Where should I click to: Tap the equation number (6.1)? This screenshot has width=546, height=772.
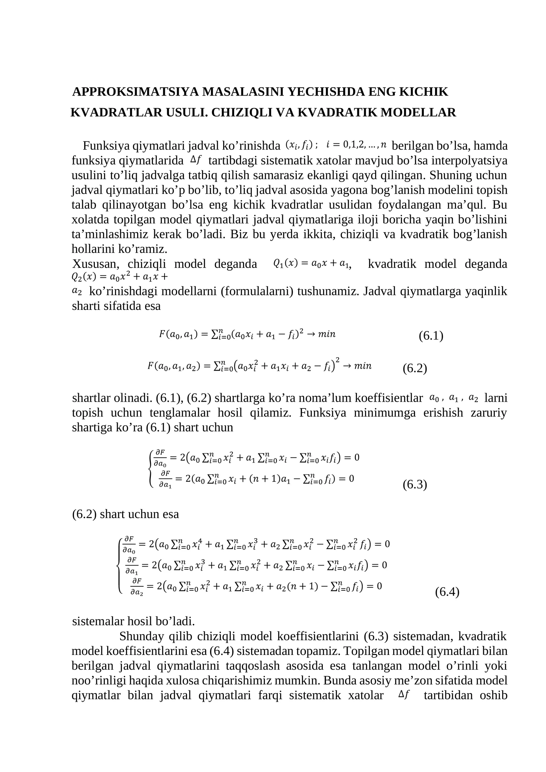tap(431, 336)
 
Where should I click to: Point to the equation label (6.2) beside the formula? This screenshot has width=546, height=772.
tap(415, 368)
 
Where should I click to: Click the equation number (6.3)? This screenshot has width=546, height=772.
tap(415, 484)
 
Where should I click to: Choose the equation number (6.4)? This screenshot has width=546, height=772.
tap(447, 591)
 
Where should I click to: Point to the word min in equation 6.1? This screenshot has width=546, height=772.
tap(327, 334)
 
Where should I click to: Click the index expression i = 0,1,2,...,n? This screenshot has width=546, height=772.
tap(356, 145)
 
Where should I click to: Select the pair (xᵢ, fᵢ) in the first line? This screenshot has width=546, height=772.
tap(299, 145)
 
